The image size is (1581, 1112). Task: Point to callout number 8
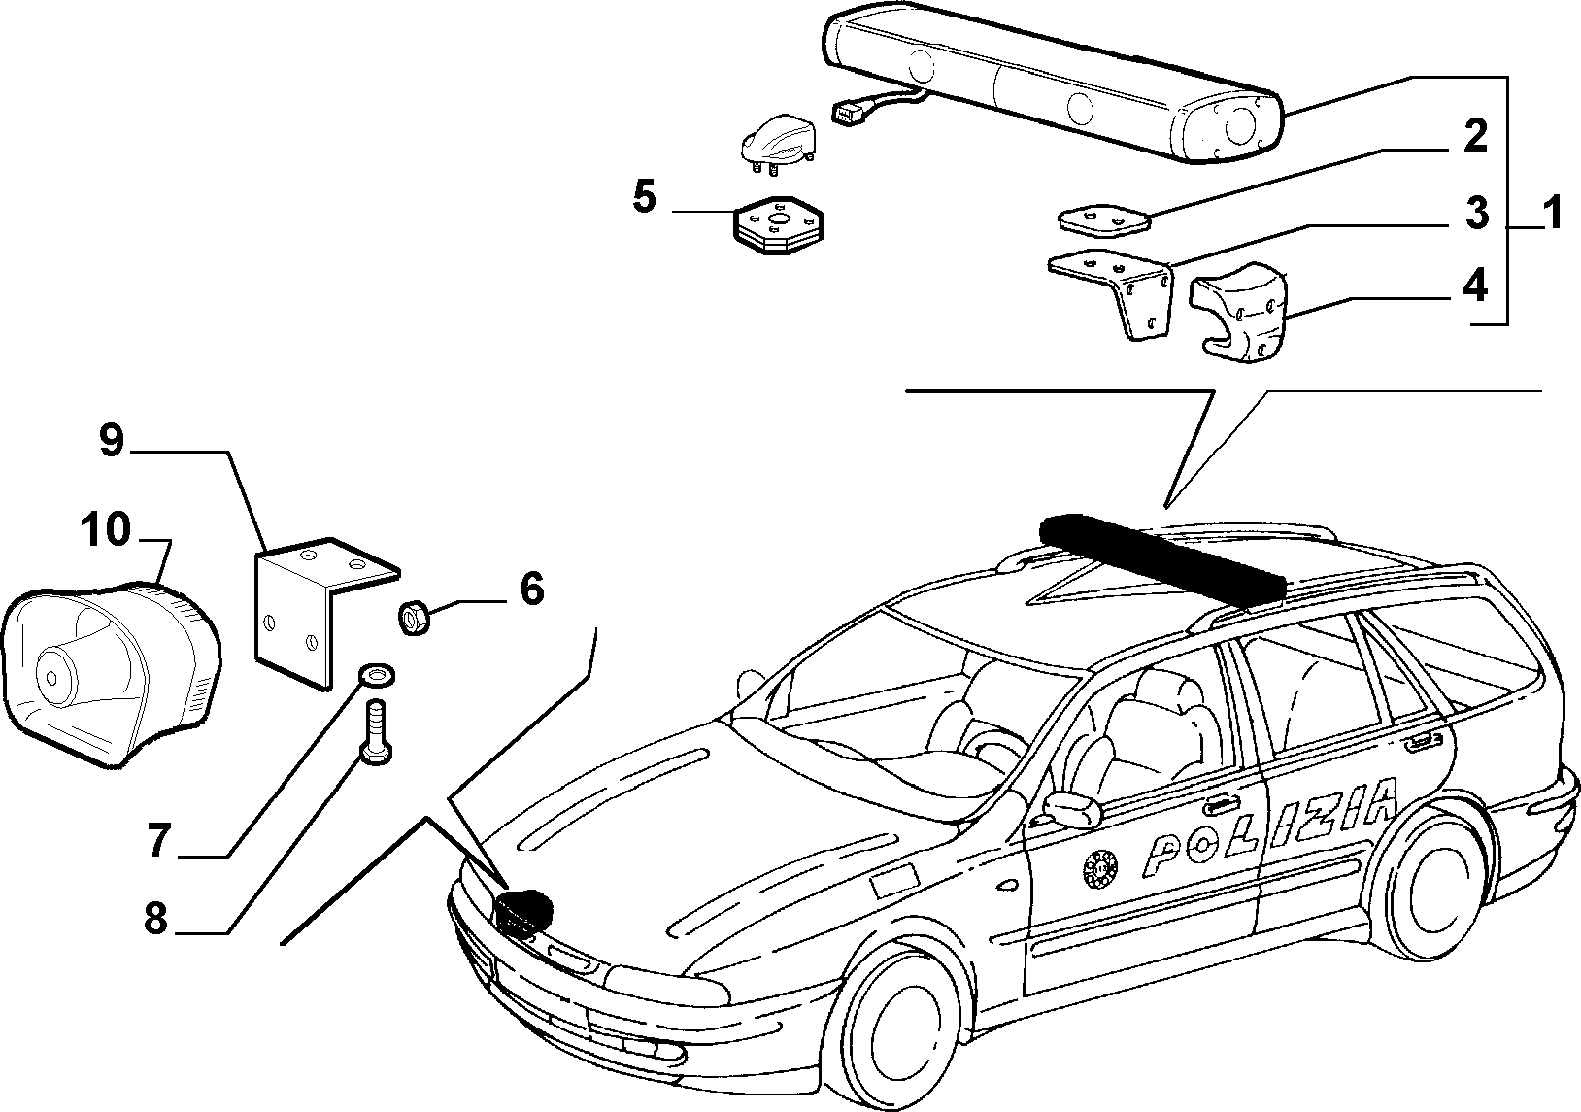[x=156, y=919]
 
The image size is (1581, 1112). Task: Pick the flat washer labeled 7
[x=377, y=675]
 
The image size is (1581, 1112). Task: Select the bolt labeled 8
[x=376, y=730]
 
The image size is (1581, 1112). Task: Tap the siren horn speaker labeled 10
[x=112, y=676]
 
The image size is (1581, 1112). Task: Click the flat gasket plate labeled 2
[x=1104, y=220]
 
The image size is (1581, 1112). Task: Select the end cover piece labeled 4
[x=1239, y=311]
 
